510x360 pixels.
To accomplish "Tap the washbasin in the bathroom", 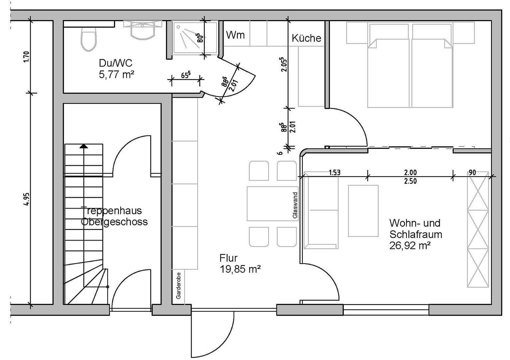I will tap(143, 30).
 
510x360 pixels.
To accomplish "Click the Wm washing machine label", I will tap(235, 35).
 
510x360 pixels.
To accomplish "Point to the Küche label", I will tap(306, 38).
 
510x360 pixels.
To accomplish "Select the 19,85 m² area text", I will tap(240, 269).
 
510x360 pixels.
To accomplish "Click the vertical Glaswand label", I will tap(295, 205).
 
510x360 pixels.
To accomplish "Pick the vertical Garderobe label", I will tap(179, 285).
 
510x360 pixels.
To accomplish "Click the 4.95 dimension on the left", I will tap(27, 199).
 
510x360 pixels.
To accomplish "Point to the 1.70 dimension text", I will tap(27, 57).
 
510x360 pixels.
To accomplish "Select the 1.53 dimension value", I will tap(334, 172).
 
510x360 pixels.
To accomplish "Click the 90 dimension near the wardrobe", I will tap(472, 172).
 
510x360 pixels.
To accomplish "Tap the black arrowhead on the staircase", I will tap(84, 146).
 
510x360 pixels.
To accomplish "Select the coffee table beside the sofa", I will tap(363, 211).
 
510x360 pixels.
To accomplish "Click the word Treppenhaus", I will tap(112, 211).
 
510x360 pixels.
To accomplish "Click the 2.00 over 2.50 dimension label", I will tap(410, 177).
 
